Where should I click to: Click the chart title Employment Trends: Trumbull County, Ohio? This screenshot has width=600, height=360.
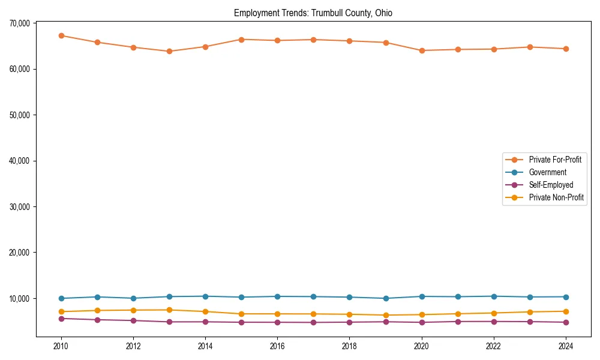[x=313, y=13]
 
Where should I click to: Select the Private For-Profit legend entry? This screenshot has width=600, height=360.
[x=555, y=160]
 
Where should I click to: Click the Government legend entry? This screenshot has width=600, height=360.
[x=547, y=172]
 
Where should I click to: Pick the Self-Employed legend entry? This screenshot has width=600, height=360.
[x=551, y=185]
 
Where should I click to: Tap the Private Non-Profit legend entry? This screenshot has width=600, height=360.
[x=556, y=197]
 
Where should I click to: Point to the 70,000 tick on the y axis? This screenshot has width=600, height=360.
[x=20, y=23]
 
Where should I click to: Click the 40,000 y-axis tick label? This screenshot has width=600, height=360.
[x=20, y=161]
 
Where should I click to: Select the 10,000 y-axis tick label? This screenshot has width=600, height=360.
[x=20, y=298]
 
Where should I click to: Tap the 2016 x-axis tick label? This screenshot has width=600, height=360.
[x=277, y=346]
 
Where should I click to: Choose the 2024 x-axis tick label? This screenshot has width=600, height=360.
[x=566, y=346]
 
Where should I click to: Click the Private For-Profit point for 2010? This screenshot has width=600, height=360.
[x=61, y=35]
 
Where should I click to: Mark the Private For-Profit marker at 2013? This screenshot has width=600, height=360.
[x=169, y=52]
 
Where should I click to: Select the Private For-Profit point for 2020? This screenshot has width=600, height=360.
[x=422, y=50]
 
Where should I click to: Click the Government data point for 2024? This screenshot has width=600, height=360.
[x=566, y=297]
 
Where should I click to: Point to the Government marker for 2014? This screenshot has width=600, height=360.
[x=205, y=296]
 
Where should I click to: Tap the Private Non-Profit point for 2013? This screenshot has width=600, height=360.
[x=169, y=310]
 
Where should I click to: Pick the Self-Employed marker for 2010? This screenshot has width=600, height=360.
[x=61, y=319]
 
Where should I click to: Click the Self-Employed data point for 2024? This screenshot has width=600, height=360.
[x=566, y=322]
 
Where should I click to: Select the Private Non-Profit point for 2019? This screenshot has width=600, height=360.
[x=386, y=315]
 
